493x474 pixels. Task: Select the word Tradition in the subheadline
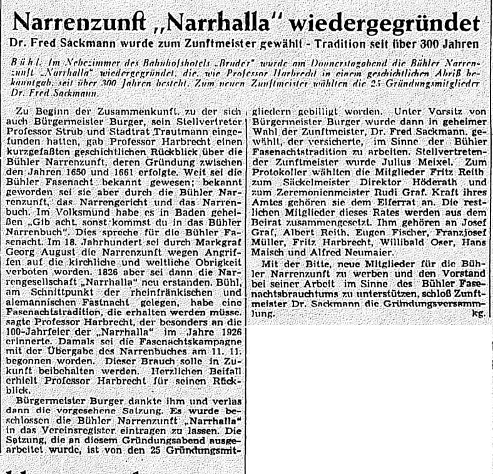377,46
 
